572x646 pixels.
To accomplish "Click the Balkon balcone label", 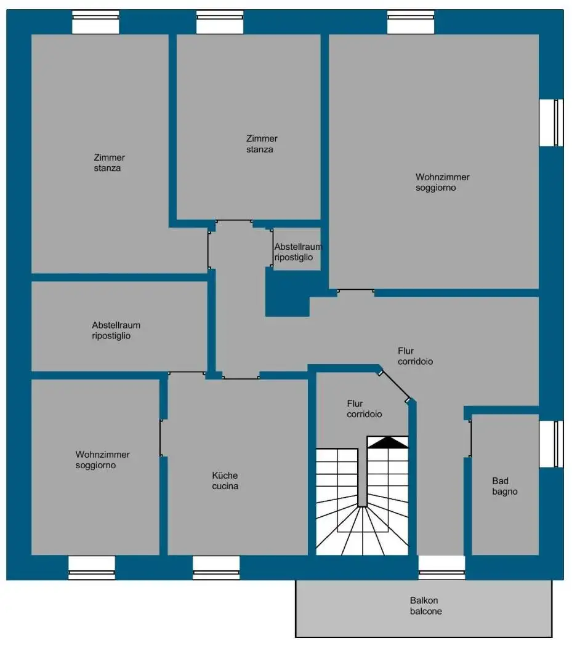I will (x=426, y=606).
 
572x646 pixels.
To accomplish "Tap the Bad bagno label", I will (x=504, y=486).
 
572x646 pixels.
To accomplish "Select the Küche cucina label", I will (x=225, y=481).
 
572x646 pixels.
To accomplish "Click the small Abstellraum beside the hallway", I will (x=298, y=252).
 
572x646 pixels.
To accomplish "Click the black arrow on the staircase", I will (x=387, y=442).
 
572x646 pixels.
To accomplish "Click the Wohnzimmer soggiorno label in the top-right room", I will (x=442, y=182).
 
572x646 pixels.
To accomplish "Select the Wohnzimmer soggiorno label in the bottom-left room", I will (x=102, y=460).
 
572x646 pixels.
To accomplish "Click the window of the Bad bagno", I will (x=552, y=444).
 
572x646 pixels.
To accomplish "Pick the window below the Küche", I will (x=216, y=567).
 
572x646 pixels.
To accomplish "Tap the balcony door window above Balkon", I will (x=441, y=567).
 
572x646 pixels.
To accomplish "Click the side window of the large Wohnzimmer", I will (x=552, y=122).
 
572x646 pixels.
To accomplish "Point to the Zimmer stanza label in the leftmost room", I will (x=109, y=163).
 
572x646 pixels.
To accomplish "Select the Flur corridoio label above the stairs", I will (x=364, y=409).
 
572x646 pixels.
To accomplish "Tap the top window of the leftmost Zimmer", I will (x=95, y=23).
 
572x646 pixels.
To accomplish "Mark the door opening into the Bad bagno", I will (x=470, y=439).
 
